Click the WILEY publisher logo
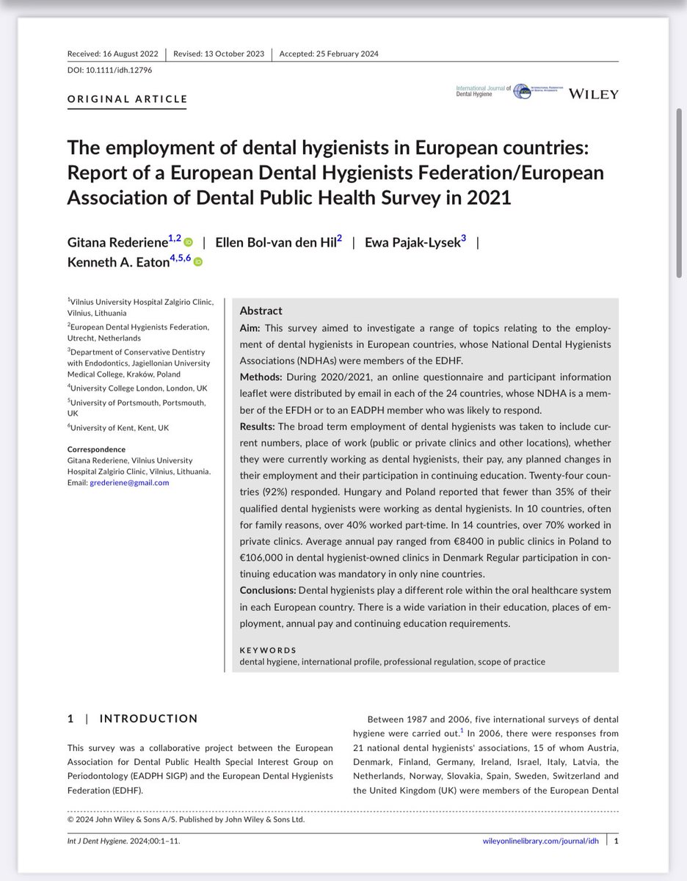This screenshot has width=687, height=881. coord(593,94)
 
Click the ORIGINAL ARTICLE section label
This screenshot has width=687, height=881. coord(127,99)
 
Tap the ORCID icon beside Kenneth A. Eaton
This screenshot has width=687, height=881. coord(197,261)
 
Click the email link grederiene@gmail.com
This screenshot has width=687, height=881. coord(129,482)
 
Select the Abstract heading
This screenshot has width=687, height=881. coord(261,311)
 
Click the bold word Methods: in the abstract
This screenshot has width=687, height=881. coord(261,377)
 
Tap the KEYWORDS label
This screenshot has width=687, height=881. coord(268,650)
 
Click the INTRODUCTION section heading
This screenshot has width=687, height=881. coord(148,719)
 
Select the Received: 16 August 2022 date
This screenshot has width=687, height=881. coord(112,54)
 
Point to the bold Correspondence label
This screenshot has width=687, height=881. coord(96,449)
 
